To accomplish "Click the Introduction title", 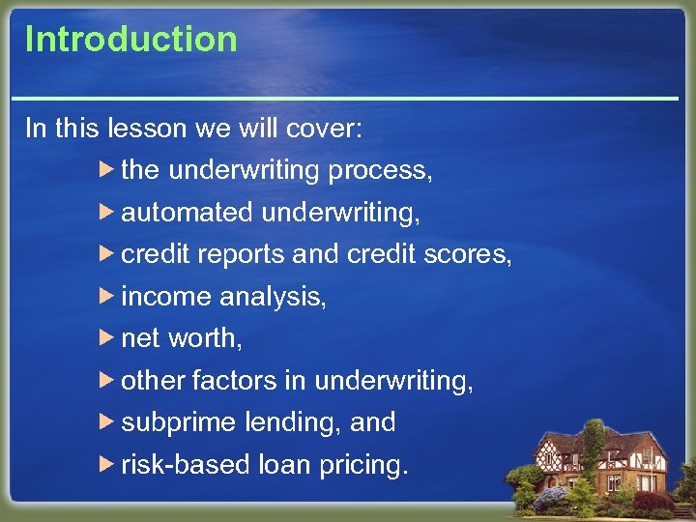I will click(x=130, y=40).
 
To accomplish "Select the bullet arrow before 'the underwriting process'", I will click(x=107, y=170).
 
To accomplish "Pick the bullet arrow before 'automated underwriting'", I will click(x=107, y=212).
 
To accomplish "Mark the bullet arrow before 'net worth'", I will click(x=107, y=338).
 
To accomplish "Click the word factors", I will click(x=234, y=381).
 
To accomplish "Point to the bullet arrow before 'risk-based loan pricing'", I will click(x=107, y=465).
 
